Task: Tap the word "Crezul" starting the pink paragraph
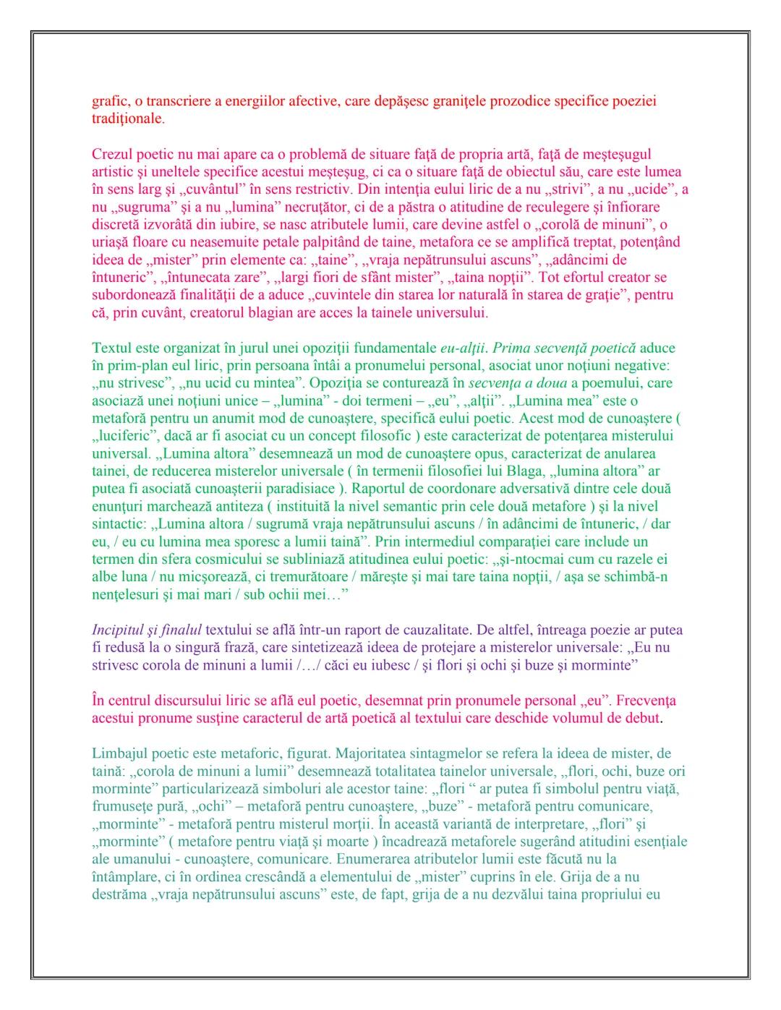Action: pos(114,154)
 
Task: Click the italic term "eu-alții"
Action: pos(464,348)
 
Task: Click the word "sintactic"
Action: pos(119,524)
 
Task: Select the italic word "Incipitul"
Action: pos(119,630)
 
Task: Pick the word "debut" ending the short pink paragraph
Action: pos(643,718)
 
